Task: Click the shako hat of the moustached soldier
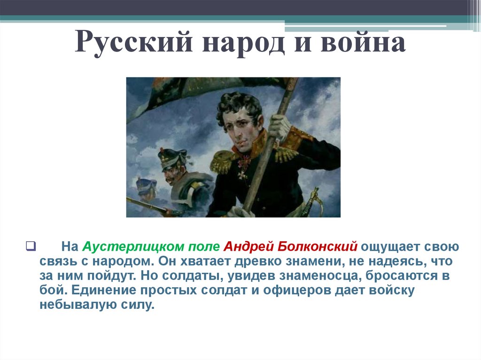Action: click(x=172, y=158)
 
